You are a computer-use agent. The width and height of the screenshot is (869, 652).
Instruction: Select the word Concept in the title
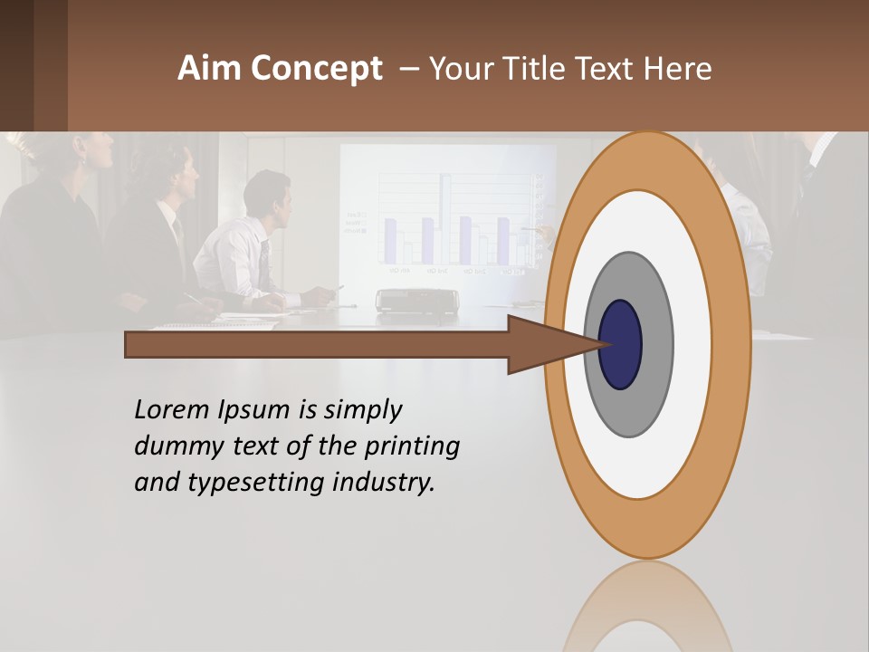pyautogui.click(x=316, y=70)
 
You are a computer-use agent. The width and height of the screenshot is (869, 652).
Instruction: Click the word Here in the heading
pyautogui.click(x=678, y=69)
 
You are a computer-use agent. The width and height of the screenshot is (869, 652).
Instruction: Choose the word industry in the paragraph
pyautogui.click(x=384, y=484)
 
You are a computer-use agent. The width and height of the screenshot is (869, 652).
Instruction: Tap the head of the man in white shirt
pyautogui.click(x=269, y=197)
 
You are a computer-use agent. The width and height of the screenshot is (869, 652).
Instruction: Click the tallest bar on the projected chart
pyautogui.click(x=445, y=216)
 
